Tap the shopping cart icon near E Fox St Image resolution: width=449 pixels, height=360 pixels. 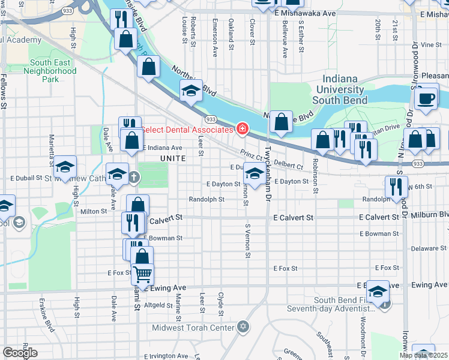click(x=142, y=274)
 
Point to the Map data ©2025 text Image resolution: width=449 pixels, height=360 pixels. click(x=423, y=355)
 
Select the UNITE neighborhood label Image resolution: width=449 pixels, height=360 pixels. click(x=173, y=157)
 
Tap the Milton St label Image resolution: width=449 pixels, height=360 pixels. click(x=93, y=211)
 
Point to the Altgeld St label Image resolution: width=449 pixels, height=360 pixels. click(x=158, y=305)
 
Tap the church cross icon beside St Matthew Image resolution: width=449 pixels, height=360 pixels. click(x=133, y=178)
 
